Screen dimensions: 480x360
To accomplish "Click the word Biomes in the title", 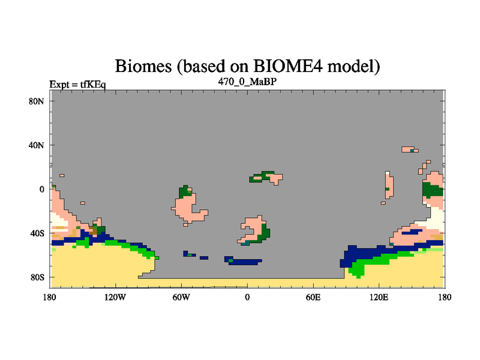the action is [143, 66].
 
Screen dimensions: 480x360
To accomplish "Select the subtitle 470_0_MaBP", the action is [247, 82].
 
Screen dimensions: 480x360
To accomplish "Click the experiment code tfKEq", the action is [93, 84].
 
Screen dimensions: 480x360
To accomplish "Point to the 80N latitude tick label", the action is [36, 101].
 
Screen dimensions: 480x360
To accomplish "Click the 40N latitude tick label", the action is [36, 145].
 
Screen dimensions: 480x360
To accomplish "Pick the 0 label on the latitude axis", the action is [41, 189].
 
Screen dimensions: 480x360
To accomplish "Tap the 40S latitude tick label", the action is [37, 233].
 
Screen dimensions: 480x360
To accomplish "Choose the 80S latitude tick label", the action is [37, 277].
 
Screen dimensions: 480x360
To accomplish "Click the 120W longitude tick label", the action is [115, 297].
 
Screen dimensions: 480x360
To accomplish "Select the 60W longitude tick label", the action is [181, 297].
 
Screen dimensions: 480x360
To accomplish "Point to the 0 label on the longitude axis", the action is [247, 297].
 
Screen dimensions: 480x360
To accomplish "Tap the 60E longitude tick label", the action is [313, 297].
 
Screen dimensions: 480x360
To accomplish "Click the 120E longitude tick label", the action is [379, 297].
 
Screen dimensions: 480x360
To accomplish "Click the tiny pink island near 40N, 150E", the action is [410, 149].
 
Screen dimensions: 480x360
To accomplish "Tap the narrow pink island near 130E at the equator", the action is [389, 185].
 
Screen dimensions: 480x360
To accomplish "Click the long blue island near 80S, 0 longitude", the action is [244, 261].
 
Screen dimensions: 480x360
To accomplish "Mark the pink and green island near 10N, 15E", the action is [266, 178].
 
